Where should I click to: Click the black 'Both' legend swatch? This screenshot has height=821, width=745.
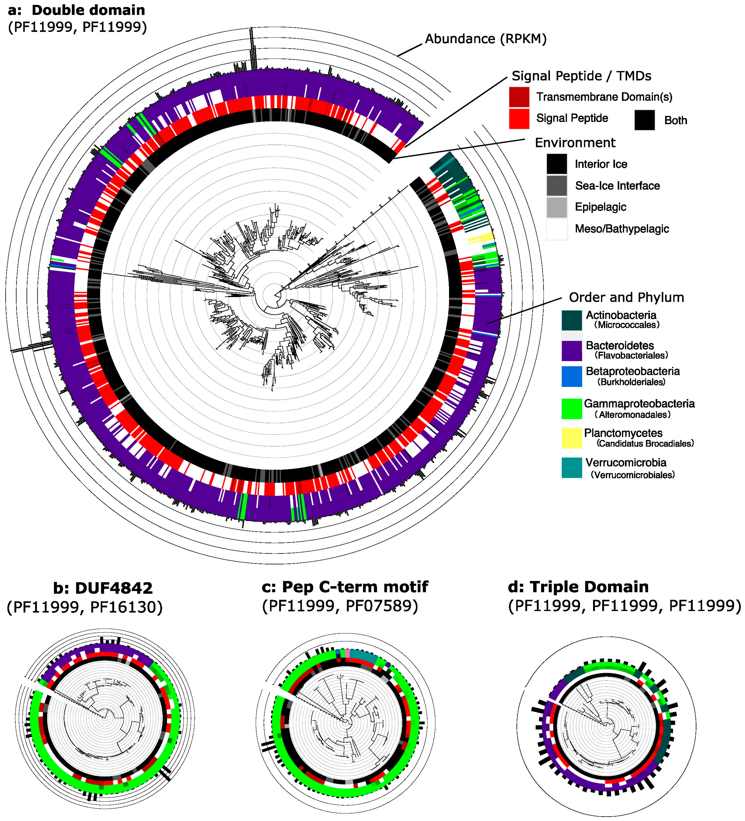pyautogui.click(x=644, y=120)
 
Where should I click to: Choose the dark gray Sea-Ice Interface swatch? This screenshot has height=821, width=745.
pyautogui.click(x=556, y=186)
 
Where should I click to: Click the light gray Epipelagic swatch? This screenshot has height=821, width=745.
pyautogui.click(x=556, y=207)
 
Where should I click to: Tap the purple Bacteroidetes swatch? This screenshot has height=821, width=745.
pyautogui.click(x=572, y=351)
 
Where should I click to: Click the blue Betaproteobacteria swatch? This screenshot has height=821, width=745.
pyautogui.click(x=572, y=377)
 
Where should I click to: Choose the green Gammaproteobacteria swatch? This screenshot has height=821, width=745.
pyautogui.click(x=572, y=409)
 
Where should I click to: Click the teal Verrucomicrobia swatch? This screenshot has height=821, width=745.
pyautogui.click(x=572, y=468)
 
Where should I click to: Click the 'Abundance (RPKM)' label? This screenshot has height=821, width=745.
pyautogui.click(x=486, y=39)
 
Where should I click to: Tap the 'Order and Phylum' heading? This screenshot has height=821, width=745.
pyautogui.click(x=626, y=297)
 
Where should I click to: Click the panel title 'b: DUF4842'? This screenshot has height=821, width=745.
pyautogui.click(x=103, y=588)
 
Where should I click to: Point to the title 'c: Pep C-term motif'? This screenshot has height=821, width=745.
pyautogui.click(x=344, y=587)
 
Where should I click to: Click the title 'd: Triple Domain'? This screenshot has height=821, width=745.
pyautogui.click(x=578, y=587)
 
